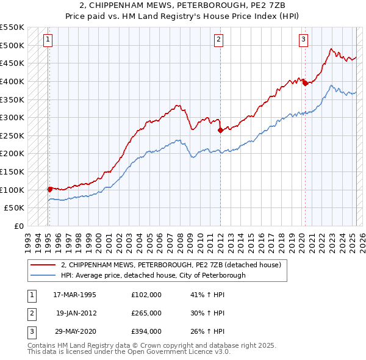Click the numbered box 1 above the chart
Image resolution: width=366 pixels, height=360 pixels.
coord(48,40)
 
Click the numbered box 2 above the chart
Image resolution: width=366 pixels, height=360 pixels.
coord(218,40)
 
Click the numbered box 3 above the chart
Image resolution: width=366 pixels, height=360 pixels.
coord(303,40)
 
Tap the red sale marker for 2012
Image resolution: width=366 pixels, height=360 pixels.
coord(220,129)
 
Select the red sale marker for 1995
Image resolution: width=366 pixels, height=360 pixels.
coord(49,189)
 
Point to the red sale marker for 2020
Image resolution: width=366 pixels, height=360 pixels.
coord(305,83)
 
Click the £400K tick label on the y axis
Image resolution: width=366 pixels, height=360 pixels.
coord(12,81)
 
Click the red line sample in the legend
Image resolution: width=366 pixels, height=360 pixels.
coord(44,265)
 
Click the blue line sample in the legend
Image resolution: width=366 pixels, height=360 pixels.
coord(44,275)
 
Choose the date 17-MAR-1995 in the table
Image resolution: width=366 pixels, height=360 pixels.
coord(74,294)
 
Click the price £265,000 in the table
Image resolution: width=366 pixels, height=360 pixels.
coord(146,313)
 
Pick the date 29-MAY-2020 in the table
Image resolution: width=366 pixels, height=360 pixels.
coord(74,332)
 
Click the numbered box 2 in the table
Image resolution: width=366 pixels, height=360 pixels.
coord(31,313)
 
